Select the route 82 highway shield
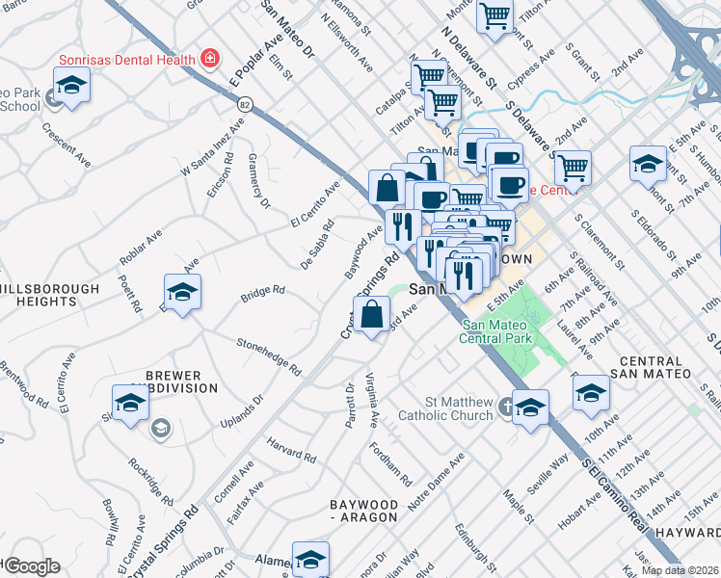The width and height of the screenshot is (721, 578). pyautogui.click(x=246, y=102)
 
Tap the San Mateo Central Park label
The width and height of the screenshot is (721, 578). pyautogui.click(x=497, y=331)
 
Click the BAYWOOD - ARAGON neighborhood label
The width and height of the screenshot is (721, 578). pyautogui.click(x=363, y=511)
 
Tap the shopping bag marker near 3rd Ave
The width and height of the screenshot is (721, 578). pyautogui.click(x=372, y=315)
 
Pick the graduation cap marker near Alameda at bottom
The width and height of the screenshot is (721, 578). pyautogui.click(x=310, y=559)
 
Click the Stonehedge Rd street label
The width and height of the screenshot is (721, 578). pyautogui.click(x=269, y=356)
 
